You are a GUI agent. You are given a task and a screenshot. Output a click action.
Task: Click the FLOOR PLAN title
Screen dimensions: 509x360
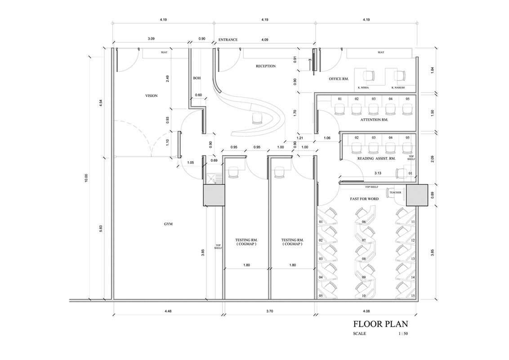[x=380, y=324]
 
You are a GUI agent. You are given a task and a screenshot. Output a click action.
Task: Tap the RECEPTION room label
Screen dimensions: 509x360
[x=266, y=66]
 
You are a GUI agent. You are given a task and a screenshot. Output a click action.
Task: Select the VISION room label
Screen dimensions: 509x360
[x=151, y=95]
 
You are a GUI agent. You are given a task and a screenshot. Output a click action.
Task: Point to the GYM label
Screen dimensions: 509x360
[x=168, y=224]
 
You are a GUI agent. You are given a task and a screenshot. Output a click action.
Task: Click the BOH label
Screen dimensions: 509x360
[x=196, y=78]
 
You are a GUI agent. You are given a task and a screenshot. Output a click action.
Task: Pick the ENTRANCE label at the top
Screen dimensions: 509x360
[x=228, y=40]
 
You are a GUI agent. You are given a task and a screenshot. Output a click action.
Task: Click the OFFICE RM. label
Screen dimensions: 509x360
[x=339, y=79]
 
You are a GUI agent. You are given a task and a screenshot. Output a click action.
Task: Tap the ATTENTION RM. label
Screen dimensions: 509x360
[x=374, y=120]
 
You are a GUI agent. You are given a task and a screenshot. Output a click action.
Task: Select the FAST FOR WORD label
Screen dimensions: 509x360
[x=364, y=199]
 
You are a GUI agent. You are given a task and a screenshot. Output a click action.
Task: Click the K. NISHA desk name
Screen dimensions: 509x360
[x=363, y=88]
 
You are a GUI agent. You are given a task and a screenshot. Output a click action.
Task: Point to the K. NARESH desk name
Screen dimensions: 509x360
[x=398, y=88]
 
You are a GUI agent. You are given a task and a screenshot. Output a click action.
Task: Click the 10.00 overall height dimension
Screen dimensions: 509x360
[x=86, y=178]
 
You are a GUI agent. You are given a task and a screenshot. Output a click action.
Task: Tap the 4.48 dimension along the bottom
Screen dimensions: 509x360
[x=168, y=311]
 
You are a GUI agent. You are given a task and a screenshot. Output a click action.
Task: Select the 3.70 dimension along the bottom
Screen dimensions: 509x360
[x=269, y=311]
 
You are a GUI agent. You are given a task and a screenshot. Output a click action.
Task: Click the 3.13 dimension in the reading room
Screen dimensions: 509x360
[x=378, y=173]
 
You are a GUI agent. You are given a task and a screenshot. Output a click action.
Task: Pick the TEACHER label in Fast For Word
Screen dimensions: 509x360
[x=395, y=192]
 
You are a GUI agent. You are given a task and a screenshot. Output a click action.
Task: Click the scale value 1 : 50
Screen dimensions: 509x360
[x=403, y=333]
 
